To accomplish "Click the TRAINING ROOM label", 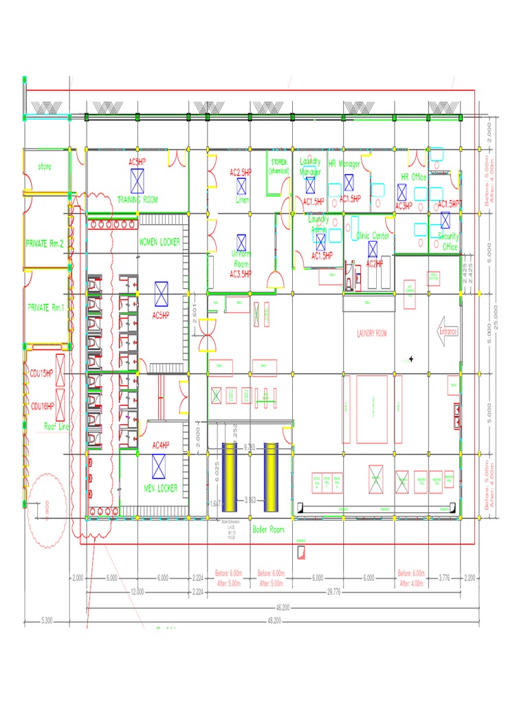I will tap(137, 199).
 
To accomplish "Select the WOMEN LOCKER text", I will tap(159, 243).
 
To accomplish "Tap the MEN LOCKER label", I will tap(160, 488).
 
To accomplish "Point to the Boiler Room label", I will tap(268, 529).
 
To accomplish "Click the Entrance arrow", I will tap(448, 331).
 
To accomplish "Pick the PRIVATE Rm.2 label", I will tap(45, 243).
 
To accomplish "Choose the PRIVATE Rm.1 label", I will tap(45, 308).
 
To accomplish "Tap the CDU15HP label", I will tap(41, 373).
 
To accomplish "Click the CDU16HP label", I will tap(41, 406).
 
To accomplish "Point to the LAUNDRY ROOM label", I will tap(372, 334).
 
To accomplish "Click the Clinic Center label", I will tap(373, 236).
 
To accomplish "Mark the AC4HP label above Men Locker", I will tap(160, 445).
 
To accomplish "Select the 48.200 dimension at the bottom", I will tap(274, 621).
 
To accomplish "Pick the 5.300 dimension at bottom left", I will tap(47, 621).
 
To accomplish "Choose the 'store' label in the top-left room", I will tap(44, 167).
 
